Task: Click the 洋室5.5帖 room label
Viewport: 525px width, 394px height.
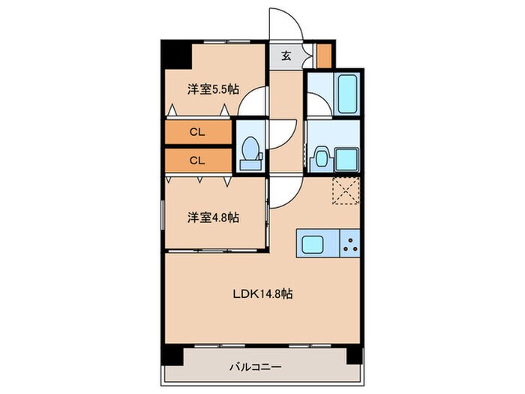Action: click(213, 89)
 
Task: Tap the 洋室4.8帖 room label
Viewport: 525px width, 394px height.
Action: click(213, 218)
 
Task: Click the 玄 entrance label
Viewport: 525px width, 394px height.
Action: click(286, 55)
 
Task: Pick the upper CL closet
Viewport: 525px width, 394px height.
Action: click(198, 132)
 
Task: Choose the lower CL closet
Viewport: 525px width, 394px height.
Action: click(198, 160)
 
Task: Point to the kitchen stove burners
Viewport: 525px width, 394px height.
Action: click(349, 242)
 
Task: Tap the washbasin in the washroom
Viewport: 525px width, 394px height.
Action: click(320, 158)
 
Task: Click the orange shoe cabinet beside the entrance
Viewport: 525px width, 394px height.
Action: click(325, 55)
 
